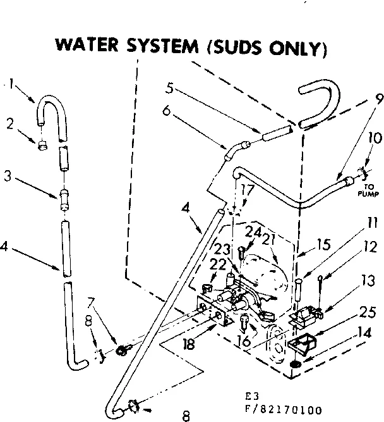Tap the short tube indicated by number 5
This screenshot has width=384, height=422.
(x=275, y=132)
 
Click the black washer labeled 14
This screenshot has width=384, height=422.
(x=296, y=365)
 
